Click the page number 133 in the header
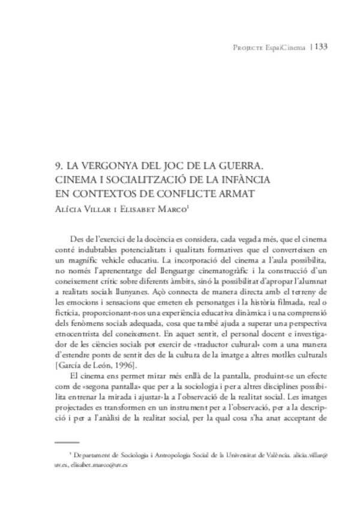pos(320,47)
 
